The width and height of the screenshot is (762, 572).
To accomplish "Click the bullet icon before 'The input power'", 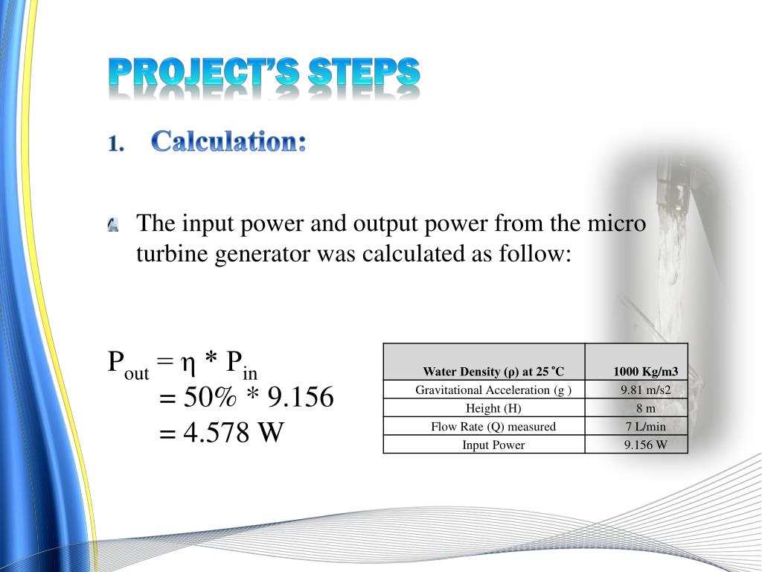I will tap(113, 224).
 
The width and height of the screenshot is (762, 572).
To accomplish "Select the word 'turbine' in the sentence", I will tap(173, 254).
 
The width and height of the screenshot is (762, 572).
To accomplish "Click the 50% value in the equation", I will tap(211, 398).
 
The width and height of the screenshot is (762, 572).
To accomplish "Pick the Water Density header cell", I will tap(493, 372).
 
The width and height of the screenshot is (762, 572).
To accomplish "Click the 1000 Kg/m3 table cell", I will tap(645, 372).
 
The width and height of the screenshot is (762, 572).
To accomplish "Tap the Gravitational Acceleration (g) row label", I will tap(493, 390).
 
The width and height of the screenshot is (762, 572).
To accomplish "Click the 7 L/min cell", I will tap(645, 427).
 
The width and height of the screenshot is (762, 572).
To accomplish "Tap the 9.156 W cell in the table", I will tap(645, 445).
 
